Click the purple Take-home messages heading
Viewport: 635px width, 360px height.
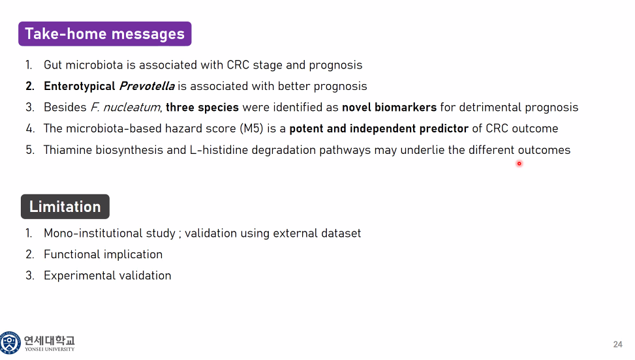click(x=105, y=33)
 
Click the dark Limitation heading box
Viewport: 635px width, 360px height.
click(x=65, y=207)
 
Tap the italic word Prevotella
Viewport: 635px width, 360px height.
click(x=147, y=86)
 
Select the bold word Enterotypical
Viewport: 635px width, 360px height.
click(x=80, y=87)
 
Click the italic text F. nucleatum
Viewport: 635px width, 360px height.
click(x=125, y=107)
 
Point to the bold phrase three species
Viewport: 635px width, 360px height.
click(x=202, y=108)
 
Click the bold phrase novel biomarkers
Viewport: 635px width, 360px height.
click(x=389, y=107)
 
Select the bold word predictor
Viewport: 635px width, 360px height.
click(x=444, y=129)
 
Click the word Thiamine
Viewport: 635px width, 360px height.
click(x=68, y=150)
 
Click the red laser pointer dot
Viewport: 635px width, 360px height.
click(x=519, y=164)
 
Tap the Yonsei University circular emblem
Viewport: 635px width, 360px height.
click(x=10, y=342)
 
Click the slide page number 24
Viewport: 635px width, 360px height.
click(x=617, y=344)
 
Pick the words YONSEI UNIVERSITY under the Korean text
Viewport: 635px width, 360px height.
click(x=50, y=349)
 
